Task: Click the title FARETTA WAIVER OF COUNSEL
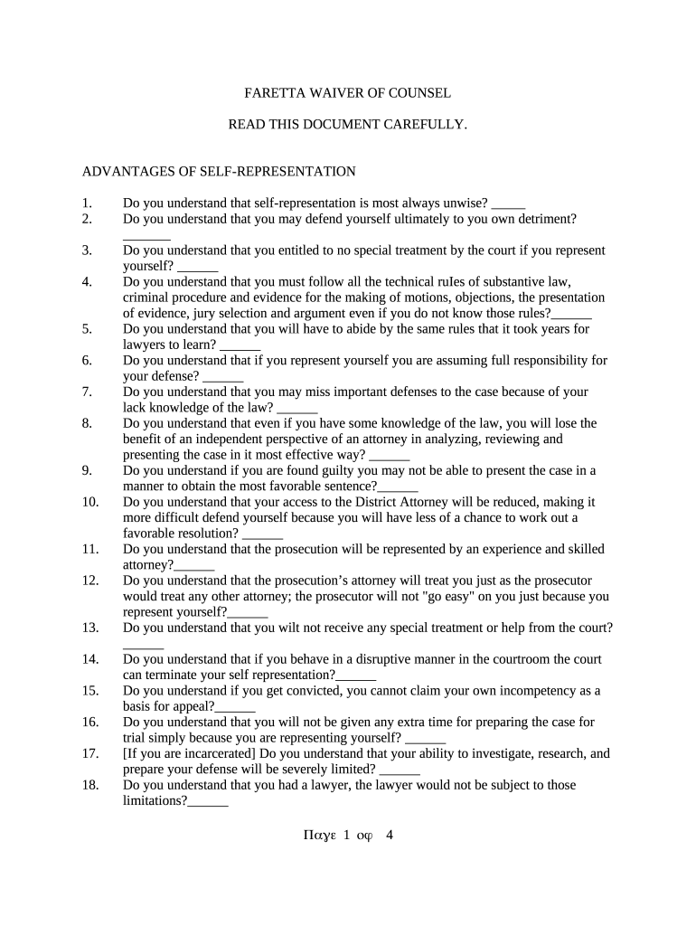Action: (x=348, y=93)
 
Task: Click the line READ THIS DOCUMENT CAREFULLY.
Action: (x=348, y=124)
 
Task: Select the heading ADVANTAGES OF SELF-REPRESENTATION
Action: (x=219, y=172)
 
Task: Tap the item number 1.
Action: (x=87, y=203)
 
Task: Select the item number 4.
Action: (x=87, y=282)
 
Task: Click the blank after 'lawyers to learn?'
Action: (x=240, y=345)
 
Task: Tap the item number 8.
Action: (x=87, y=423)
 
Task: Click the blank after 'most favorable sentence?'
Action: (x=399, y=487)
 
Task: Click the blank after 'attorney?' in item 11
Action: (x=194, y=566)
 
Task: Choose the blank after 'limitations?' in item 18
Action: (x=208, y=801)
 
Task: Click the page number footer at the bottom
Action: (x=348, y=836)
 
